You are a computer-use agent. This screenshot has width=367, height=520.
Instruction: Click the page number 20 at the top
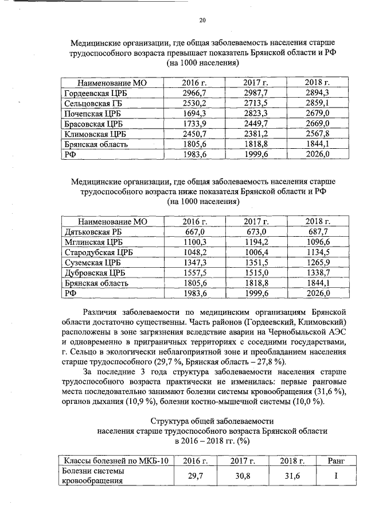(x=202, y=21)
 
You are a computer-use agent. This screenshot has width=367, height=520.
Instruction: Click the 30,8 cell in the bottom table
(x=241, y=476)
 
